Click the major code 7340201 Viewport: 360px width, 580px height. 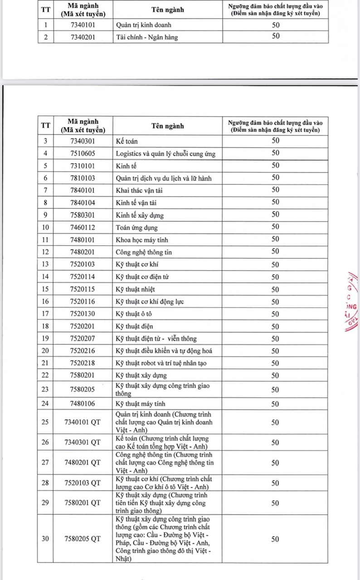(x=83, y=37)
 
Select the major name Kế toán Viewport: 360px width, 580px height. (x=126, y=141)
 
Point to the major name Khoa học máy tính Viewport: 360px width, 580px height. (x=142, y=240)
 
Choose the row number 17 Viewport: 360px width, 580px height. (x=45, y=314)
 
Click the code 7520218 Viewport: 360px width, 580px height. (x=83, y=363)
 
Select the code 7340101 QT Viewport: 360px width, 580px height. (x=83, y=422)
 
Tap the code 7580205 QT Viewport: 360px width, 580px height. (x=83, y=539)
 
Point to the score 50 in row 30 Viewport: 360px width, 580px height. (x=275, y=539)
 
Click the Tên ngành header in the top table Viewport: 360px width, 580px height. (x=168, y=10)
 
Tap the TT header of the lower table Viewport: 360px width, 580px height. (x=45, y=126)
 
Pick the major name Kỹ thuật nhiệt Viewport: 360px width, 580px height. (x=136, y=289)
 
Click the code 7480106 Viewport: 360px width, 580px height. (x=83, y=403)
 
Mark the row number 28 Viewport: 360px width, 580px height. (x=45, y=483)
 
